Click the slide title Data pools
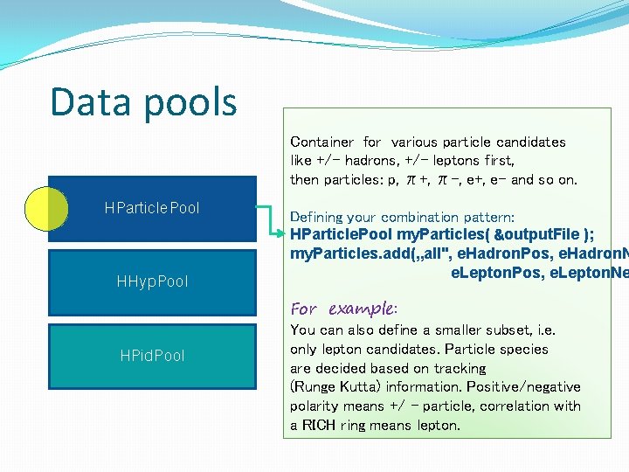[x=143, y=101]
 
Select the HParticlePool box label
[x=151, y=208]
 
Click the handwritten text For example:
[x=343, y=309]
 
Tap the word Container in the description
[x=321, y=142]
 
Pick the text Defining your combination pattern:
[x=402, y=217]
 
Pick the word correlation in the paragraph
[x=511, y=406]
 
